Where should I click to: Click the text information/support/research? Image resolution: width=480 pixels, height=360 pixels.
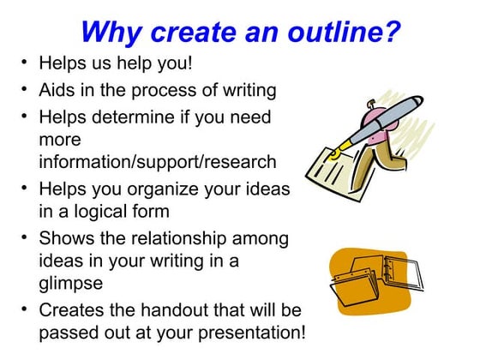click(158, 161)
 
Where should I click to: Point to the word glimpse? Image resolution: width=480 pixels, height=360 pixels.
click(70, 283)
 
